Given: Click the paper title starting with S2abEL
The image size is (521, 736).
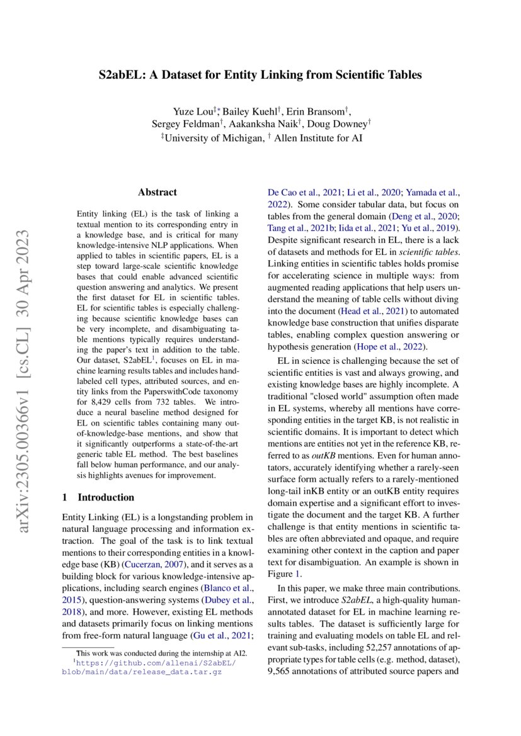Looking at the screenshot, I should coord(260,75).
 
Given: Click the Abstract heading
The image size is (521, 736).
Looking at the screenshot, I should coord(157,192).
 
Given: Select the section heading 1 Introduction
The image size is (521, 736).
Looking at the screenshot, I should coord(98,497).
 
